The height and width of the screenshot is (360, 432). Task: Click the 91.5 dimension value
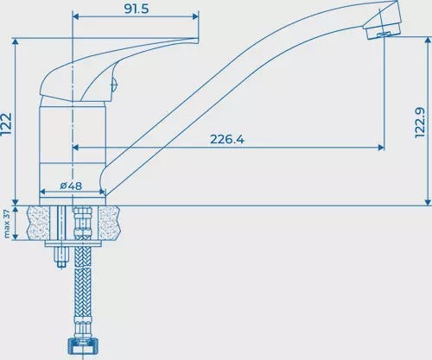coord(137,9)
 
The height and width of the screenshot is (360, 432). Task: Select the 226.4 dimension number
coord(227,139)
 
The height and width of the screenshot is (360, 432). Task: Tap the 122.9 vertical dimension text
coord(420,123)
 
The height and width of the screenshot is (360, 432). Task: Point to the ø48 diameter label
coord(71,186)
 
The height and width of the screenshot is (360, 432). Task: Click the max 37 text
coord(7,224)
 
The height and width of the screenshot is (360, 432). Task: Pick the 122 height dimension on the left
coord(6,123)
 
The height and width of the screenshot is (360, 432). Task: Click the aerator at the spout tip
coord(383,28)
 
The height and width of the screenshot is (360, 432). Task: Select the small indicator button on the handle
coord(115,85)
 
